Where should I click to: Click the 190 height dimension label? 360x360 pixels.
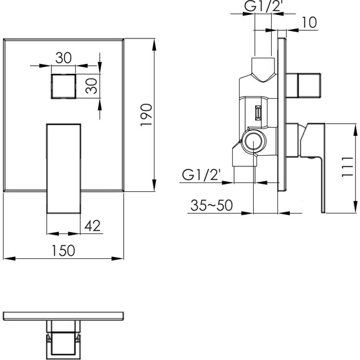tap(146, 115)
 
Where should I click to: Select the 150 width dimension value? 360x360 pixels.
tap(63, 251)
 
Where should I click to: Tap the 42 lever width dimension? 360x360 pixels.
tap(92, 226)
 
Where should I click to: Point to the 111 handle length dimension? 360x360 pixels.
tap(347, 167)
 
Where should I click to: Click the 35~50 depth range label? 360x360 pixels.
tap(212, 205)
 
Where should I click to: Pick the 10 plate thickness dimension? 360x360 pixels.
tap(309, 22)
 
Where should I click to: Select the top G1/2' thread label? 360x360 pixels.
tap(263, 6)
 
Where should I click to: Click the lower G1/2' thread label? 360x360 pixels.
tap(201, 174)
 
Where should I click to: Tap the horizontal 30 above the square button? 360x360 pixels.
tap(63, 58)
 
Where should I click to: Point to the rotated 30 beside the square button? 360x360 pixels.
tap(91, 86)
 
